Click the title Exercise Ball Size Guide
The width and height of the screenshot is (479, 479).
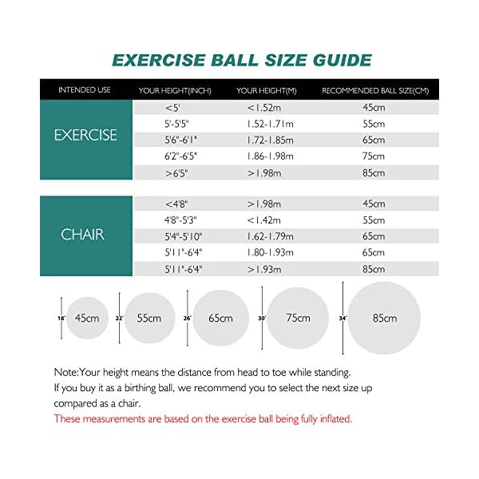point(241,60)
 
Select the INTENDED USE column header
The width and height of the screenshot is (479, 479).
point(85,90)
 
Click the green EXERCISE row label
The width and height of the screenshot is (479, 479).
point(85,135)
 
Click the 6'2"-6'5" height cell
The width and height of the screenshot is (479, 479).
point(180,156)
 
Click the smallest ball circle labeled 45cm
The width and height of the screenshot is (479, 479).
point(87,318)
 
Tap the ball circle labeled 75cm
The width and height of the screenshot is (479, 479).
point(298,318)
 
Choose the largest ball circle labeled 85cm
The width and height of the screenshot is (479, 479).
point(383,318)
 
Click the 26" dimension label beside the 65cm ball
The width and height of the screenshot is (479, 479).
point(187,318)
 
